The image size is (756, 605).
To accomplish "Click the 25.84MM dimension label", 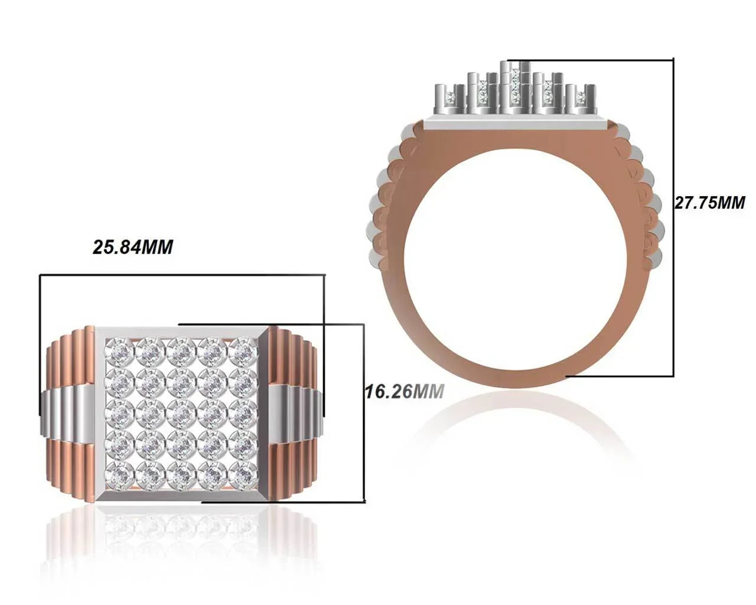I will coord(133,247).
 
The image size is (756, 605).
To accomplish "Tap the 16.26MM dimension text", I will coord(403,391).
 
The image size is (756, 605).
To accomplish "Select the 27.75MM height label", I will coord(710,203).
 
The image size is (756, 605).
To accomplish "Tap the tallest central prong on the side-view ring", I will coord(505,86).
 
